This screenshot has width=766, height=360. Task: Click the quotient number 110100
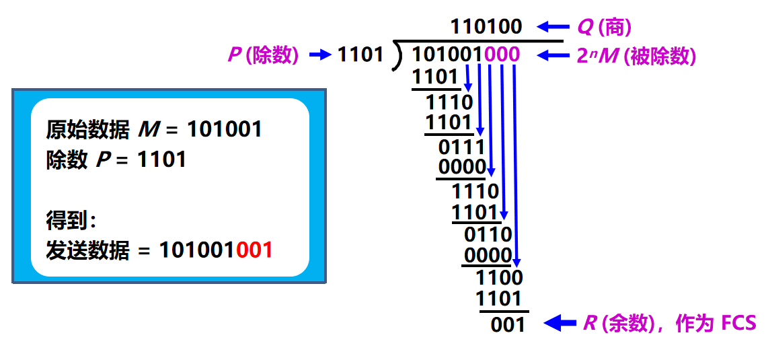486,26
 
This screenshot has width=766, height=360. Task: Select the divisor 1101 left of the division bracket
360,55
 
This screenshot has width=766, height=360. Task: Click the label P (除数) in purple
263,55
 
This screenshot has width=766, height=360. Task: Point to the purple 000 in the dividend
501,55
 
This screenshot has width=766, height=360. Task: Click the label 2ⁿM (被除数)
636,56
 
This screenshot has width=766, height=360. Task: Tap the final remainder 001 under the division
508,324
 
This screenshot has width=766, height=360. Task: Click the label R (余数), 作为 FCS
668,324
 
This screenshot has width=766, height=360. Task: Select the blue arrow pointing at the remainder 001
560,324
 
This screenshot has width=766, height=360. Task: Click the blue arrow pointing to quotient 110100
552,27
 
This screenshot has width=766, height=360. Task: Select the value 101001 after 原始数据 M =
224,129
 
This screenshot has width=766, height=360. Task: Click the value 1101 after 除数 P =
161,159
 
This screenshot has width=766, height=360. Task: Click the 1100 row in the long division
499,277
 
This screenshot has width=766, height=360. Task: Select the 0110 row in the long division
488,234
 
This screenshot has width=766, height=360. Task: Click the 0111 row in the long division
461,146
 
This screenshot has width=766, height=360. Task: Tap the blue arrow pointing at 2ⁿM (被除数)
552,55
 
